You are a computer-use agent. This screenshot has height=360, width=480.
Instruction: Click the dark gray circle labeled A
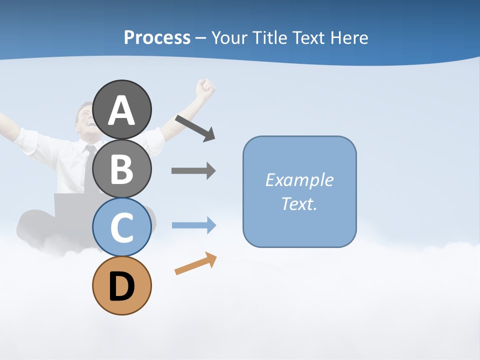pyautogui.click(x=121, y=109)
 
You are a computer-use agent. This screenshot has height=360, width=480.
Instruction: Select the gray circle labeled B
pyautogui.click(x=121, y=168)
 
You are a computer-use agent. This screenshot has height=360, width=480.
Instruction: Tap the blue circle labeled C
pyautogui.click(x=121, y=227)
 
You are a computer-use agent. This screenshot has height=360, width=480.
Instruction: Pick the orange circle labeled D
pyautogui.click(x=121, y=285)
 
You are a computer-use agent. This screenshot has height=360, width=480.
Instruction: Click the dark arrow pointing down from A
pyautogui.click(x=195, y=128)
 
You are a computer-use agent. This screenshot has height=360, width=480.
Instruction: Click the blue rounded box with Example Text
pyautogui.click(x=299, y=191)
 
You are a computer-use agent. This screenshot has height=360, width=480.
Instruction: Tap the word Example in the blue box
pyautogui.click(x=299, y=179)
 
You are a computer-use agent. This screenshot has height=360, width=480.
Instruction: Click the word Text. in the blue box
pyautogui.click(x=299, y=203)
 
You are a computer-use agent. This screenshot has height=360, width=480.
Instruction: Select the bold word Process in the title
pyautogui.click(x=157, y=37)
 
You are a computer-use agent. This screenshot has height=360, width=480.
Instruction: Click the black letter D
pyautogui.click(x=121, y=286)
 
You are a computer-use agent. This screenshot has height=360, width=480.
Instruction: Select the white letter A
pyautogui.click(x=121, y=110)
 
